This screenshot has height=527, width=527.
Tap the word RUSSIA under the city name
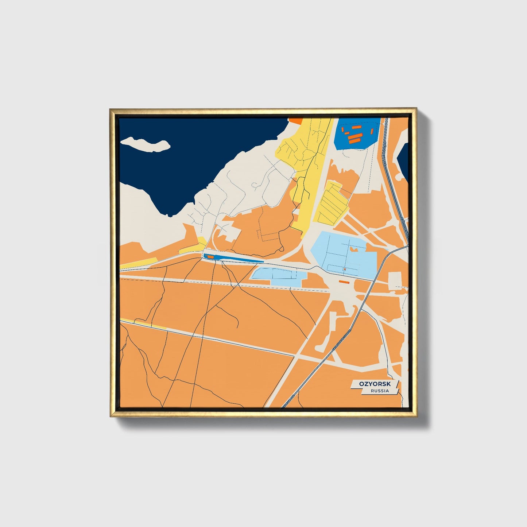click(x=379, y=391)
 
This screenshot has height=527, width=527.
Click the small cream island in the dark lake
click(x=146, y=144)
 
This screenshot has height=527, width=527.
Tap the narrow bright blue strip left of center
click(x=233, y=259)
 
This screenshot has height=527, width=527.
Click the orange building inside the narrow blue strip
click(x=210, y=257)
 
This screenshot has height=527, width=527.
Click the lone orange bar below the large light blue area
click(x=344, y=282)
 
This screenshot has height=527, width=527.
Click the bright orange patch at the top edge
click(x=295, y=119)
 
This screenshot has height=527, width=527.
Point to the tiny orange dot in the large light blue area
click(x=344, y=270)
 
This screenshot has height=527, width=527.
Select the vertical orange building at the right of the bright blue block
click(x=371, y=131)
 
